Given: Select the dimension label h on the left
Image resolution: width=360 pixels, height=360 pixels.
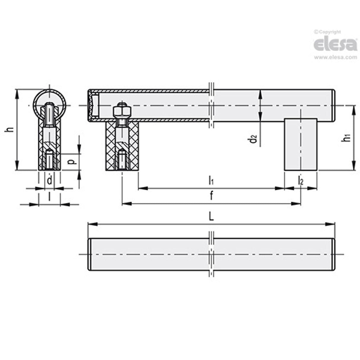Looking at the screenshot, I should click(10, 129).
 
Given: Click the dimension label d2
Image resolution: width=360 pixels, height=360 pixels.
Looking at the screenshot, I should click(253, 138).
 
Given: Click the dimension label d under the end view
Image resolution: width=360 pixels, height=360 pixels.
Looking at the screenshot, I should click(50, 180).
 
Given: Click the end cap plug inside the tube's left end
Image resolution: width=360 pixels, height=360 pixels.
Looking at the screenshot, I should click(94, 106).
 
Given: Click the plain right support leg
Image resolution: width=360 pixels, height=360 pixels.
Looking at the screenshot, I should click(301, 144).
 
